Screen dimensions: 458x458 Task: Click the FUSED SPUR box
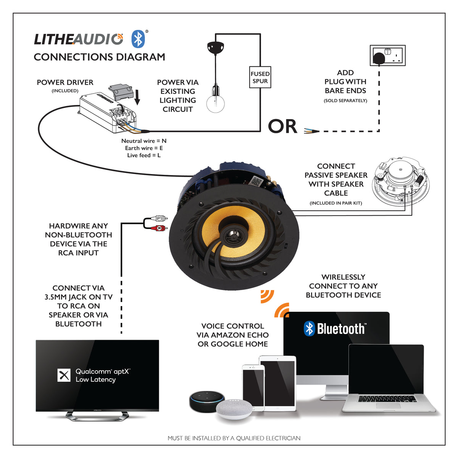(260, 77)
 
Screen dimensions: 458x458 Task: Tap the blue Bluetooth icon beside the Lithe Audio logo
(138, 39)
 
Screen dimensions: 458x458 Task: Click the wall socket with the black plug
(387, 56)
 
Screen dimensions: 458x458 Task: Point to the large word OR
(282, 127)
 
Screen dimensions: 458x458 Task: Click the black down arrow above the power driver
(137, 97)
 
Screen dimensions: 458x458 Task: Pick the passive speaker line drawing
(400, 181)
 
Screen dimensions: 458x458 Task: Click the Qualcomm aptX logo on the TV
(64, 375)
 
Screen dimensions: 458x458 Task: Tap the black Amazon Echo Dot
(206, 400)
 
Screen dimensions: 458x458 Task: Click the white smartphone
(253, 387)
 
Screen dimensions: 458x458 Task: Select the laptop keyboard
(387, 398)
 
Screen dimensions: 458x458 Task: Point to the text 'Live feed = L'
(144, 155)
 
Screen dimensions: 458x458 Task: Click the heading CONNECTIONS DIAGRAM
(99, 57)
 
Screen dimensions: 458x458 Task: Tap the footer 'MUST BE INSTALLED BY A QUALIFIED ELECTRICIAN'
(234, 438)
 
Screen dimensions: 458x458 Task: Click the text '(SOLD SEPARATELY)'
(345, 101)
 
